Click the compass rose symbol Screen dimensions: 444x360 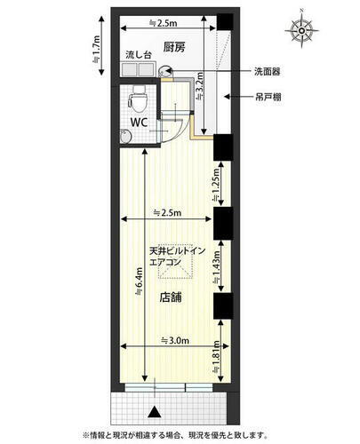tap(301, 30)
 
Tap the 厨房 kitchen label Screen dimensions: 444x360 tap(174, 48)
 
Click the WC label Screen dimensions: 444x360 tap(139, 122)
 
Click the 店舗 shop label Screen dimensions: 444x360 tap(172, 298)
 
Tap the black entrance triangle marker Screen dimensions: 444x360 tap(156, 410)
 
